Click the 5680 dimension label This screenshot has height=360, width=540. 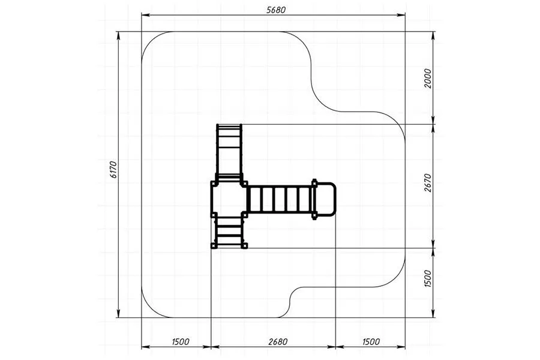pyautogui.click(x=276, y=10)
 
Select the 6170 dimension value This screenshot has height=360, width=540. pyautogui.click(x=114, y=169)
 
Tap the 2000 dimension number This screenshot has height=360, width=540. pyautogui.click(x=427, y=79)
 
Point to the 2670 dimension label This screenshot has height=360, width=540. pyautogui.click(x=427, y=182)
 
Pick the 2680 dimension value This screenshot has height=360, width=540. pyautogui.click(x=278, y=342)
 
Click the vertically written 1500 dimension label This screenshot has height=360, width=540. pyautogui.click(x=427, y=278)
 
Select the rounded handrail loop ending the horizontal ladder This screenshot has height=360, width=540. pyautogui.click(x=325, y=199)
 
